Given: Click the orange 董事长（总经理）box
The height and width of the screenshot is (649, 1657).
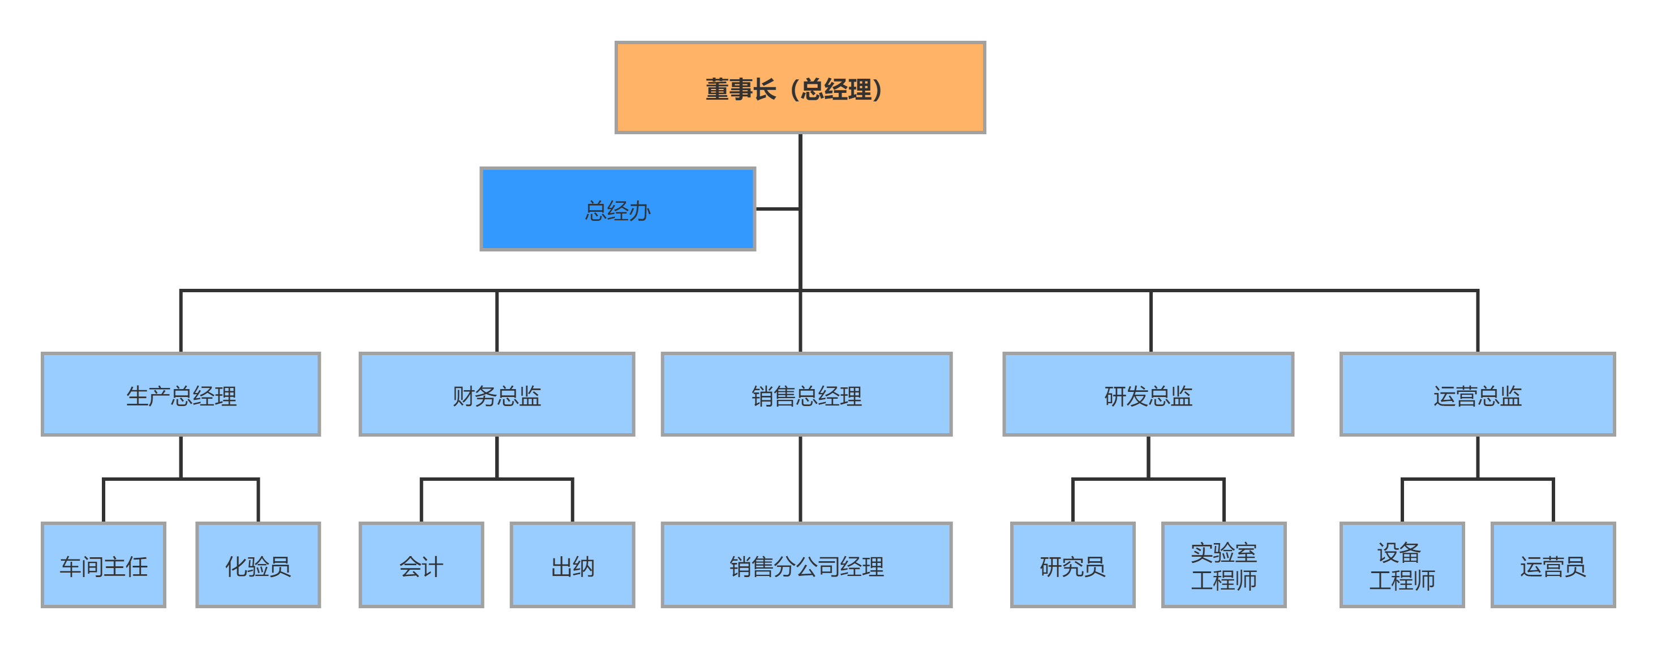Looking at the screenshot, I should click(x=800, y=88).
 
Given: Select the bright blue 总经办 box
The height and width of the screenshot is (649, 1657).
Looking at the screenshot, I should click(x=617, y=209).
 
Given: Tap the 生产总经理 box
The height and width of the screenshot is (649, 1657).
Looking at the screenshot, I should click(x=181, y=394).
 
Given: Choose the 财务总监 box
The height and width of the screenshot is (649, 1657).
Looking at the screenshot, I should click(x=496, y=394).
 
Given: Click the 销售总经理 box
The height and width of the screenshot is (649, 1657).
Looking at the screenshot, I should click(x=806, y=394).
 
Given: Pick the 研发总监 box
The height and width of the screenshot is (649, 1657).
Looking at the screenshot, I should click(x=1148, y=394).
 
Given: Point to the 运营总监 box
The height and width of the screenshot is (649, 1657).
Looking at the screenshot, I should click(x=1477, y=394).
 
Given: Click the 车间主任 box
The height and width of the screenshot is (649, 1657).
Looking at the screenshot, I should click(x=104, y=565).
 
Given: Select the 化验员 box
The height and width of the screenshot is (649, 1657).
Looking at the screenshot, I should click(x=258, y=565).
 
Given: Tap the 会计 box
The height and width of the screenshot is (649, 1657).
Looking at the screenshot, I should click(x=422, y=565).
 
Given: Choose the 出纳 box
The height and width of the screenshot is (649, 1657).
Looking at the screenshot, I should click(x=573, y=565).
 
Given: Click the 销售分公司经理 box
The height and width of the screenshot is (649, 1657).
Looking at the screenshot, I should click(x=806, y=565).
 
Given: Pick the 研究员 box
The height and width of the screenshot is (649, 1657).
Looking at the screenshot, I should click(x=1072, y=565).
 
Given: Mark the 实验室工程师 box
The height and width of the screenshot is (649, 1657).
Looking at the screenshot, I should click(x=1224, y=565).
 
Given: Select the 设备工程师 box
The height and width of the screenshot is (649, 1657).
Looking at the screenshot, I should click(x=1402, y=565).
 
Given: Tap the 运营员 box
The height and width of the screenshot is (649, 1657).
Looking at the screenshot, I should click(x=1553, y=565).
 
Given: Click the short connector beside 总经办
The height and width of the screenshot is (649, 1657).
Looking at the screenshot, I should click(x=777, y=208).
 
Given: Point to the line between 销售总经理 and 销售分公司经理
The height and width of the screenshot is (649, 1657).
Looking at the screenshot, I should click(x=800, y=479).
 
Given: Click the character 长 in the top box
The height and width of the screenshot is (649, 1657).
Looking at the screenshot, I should click(x=764, y=89).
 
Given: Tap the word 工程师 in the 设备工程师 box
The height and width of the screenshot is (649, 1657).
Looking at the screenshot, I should click(x=1402, y=580).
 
